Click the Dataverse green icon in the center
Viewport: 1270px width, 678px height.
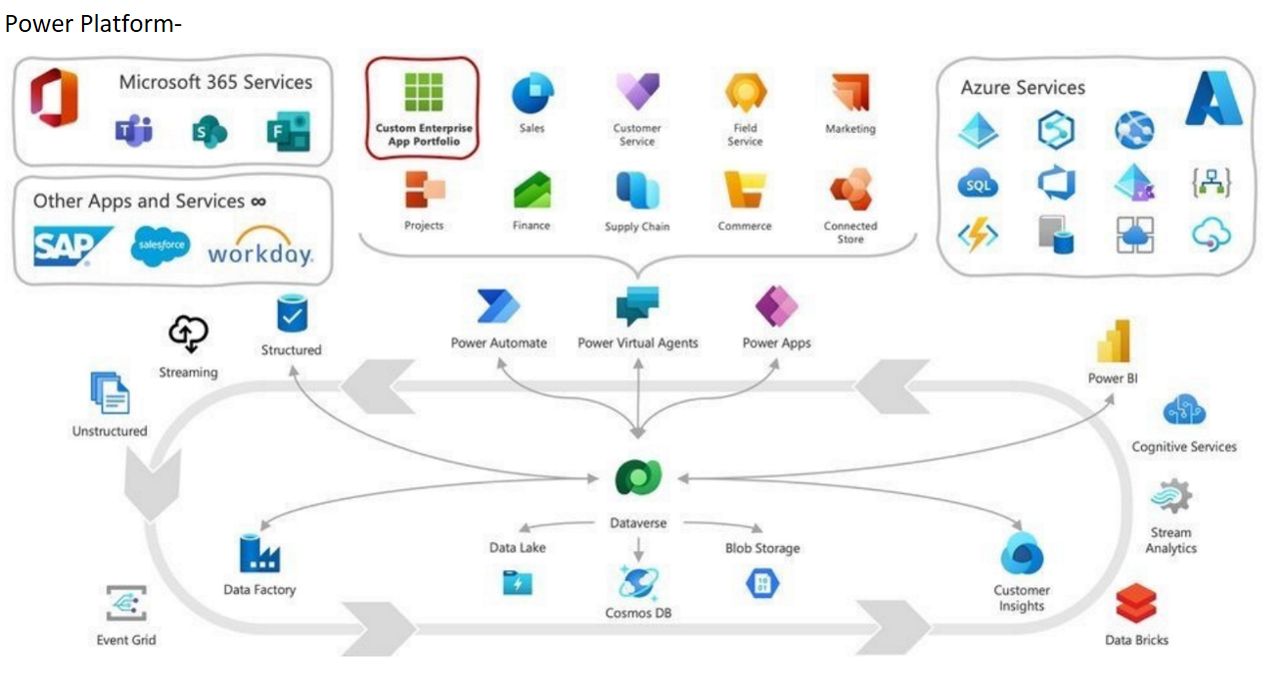click(637, 479)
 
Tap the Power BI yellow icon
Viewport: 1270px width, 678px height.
click(1113, 341)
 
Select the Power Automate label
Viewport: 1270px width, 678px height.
click(499, 342)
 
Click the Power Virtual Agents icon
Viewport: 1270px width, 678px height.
click(637, 306)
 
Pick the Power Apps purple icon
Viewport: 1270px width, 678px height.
click(776, 306)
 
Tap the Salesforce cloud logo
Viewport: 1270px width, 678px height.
click(160, 246)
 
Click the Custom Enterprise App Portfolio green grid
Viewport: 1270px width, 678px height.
click(423, 93)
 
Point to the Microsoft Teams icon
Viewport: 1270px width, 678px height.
click(133, 130)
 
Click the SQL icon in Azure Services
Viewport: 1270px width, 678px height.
click(977, 185)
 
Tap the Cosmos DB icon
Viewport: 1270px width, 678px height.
click(637, 581)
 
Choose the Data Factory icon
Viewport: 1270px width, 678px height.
click(259, 553)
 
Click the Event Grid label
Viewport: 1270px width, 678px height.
click(126, 639)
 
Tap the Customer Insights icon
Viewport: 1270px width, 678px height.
click(1021, 553)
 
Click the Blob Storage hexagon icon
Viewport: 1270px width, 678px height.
click(762, 581)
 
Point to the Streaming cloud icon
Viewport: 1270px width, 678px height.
click(188, 334)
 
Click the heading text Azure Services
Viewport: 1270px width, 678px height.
click(1022, 88)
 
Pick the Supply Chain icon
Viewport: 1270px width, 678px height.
click(636, 190)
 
